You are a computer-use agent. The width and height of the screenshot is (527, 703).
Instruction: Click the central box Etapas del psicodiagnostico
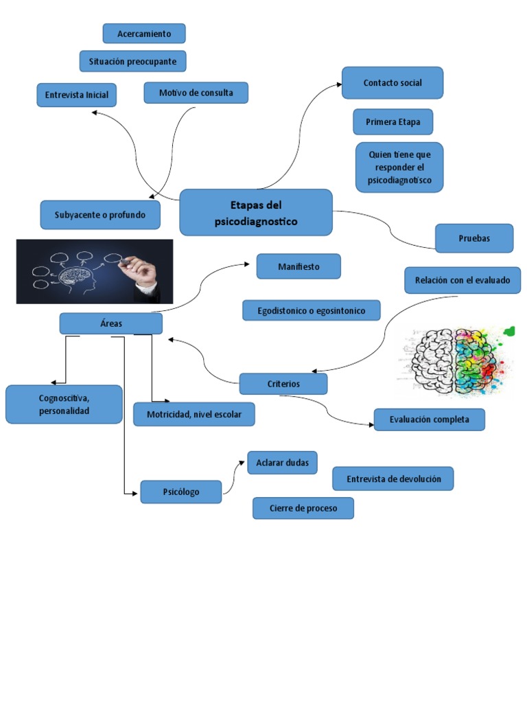click(255, 212)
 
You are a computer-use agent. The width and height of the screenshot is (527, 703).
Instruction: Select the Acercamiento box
click(144, 34)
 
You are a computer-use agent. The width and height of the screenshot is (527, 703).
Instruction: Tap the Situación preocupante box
click(132, 61)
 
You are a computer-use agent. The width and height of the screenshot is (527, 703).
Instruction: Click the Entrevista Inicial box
click(76, 95)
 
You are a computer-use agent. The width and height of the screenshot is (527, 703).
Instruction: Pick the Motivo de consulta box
click(196, 93)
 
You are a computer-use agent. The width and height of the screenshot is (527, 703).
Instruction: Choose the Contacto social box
click(393, 83)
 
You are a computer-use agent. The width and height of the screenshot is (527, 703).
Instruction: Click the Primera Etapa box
click(393, 122)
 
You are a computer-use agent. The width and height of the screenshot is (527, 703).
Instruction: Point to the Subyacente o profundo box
click(100, 215)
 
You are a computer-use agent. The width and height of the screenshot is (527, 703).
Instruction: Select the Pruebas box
click(474, 238)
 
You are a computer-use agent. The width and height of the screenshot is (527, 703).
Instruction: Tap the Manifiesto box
click(298, 266)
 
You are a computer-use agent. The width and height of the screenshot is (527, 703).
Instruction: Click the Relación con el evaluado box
click(462, 280)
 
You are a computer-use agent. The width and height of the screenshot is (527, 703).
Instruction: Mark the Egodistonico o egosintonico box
click(311, 310)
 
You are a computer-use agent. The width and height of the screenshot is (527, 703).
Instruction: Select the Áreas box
click(110, 323)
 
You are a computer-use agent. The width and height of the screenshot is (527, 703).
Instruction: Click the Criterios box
click(283, 384)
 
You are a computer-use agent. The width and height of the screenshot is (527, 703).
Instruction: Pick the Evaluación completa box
click(429, 419)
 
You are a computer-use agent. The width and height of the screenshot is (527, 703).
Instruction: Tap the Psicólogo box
click(180, 492)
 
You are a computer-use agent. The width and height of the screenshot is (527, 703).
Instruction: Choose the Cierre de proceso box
click(303, 508)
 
